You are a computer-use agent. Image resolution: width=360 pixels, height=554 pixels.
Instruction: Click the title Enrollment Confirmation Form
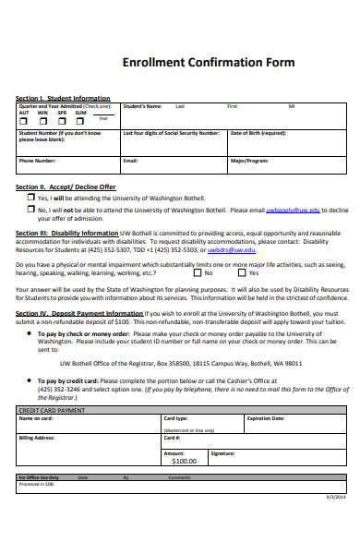209,63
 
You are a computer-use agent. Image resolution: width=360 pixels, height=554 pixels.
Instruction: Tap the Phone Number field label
38,160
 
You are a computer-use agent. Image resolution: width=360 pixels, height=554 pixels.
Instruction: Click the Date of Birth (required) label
258,132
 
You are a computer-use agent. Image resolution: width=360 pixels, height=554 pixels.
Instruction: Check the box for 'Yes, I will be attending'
30,198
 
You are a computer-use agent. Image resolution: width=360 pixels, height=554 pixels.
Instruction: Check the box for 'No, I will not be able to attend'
30,210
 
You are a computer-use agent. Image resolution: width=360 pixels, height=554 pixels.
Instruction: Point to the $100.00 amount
185,460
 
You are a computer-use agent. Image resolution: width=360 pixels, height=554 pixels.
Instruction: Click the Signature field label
222,453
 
